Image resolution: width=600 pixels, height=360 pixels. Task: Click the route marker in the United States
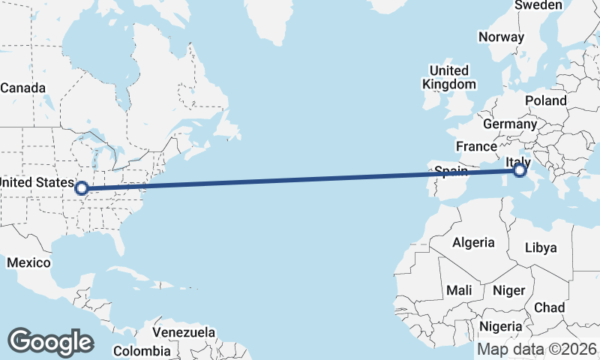[x=81, y=188]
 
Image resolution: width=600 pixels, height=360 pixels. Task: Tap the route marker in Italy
[x=520, y=172]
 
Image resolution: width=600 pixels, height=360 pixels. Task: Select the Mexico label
[x=28, y=262]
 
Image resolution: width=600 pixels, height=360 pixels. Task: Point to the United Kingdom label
[x=449, y=77]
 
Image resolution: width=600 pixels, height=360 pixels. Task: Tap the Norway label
[x=501, y=37]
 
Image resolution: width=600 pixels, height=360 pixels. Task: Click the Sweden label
[x=538, y=5]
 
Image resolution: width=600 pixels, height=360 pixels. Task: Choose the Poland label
[x=546, y=100]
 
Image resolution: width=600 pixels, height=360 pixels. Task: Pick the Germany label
[x=510, y=124]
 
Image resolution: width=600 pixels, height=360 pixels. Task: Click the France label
[x=476, y=146]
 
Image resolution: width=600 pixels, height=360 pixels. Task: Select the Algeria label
[x=473, y=242]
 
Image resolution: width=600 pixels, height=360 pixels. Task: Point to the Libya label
[x=541, y=247]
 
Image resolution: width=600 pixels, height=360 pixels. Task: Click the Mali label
[x=459, y=289]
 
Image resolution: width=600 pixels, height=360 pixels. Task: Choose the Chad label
[x=549, y=307]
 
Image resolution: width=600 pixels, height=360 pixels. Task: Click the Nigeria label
[x=500, y=326]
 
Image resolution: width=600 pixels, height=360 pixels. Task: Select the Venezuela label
[x=184, y=332]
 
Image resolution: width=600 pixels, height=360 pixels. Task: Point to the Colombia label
[x=142, y=351]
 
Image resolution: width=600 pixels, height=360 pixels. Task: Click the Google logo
[x=50, y=341]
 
